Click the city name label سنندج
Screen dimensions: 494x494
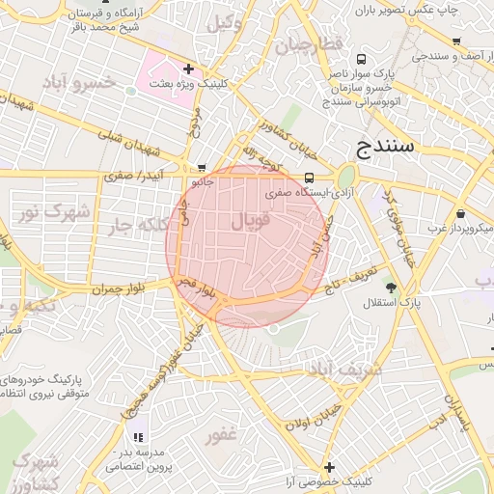point(385,147)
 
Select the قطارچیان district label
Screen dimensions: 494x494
point(308,45)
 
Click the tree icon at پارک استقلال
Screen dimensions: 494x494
point(391,287)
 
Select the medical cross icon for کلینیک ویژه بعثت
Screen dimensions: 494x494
point(188,69)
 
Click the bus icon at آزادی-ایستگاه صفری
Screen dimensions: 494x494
point(309,178)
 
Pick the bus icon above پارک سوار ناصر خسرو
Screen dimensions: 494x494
point(361,59)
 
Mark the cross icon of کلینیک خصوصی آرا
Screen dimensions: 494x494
point(329,466)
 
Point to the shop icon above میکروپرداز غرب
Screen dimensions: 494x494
point(460,213)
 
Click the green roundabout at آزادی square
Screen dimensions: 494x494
point(344,177)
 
